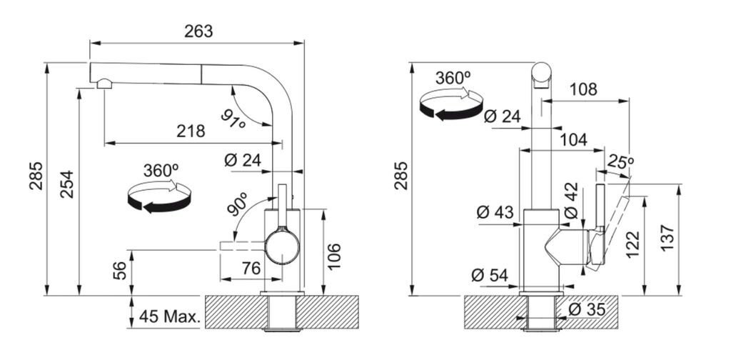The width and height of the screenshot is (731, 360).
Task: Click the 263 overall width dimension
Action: point(198,31)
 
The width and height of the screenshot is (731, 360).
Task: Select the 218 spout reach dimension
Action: point(191,131)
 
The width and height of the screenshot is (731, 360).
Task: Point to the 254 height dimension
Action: point(66,184)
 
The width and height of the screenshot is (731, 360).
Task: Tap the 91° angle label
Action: point(233,119)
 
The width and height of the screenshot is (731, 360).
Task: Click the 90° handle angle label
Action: point(238,204)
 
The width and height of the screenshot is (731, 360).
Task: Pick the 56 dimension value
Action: point(120,271)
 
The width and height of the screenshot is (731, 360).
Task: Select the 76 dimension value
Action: point(252,268)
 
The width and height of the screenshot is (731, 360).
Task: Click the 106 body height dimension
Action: point(334,256)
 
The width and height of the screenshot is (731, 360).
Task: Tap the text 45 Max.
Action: point(170,317)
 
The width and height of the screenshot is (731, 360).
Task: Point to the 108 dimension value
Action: point(583,89)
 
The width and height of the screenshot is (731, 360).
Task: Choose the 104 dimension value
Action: point(573,139)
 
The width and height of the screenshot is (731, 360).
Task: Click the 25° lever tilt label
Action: point(620,163)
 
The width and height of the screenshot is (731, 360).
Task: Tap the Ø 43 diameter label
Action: point(495,213)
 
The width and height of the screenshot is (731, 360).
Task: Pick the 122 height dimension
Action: point(632,244)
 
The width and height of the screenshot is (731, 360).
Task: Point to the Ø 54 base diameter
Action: point(490,275)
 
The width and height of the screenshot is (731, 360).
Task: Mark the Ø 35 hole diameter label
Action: point(588,309)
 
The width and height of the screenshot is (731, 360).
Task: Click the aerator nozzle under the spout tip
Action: point(104,84)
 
